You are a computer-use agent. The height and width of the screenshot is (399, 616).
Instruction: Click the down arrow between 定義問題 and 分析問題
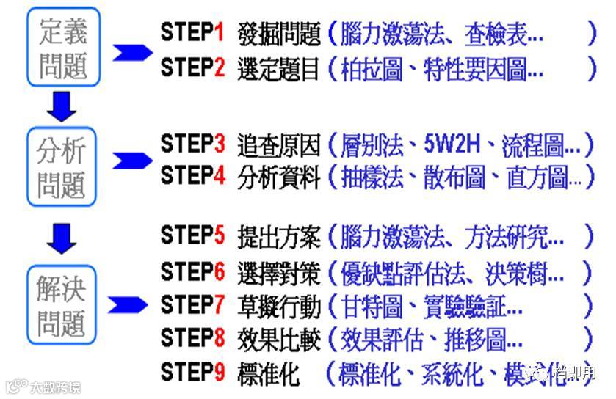coord(62,107)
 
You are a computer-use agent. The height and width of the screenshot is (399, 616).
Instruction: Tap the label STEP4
coord(193,177)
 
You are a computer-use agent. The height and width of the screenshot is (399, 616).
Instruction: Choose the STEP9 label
coord(193,374)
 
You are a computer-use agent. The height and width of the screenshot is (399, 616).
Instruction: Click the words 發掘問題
coord(278,34)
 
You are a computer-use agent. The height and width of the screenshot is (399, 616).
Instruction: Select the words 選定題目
coord(278,69)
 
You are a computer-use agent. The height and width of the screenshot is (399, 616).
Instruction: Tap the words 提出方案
coord(278,237)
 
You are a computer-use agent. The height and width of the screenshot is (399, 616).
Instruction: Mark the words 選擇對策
coord(278,273)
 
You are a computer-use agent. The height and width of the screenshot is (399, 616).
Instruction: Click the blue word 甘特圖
coord(372,306)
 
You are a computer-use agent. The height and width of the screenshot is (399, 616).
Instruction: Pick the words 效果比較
coord(278,340)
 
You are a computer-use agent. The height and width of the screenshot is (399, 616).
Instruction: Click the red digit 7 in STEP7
coord(219,304)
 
